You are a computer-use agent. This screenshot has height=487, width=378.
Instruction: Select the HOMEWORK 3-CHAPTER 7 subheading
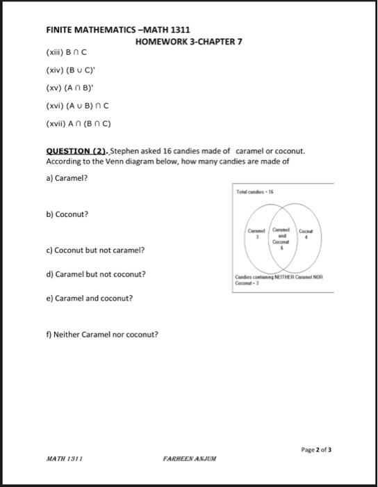[188, 42]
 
